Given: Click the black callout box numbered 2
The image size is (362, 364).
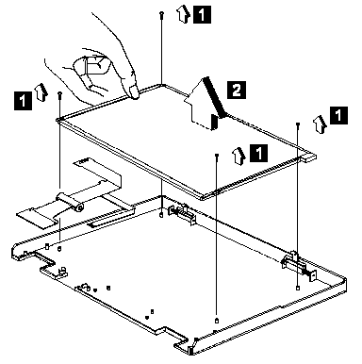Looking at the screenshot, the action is (x=237, y=90).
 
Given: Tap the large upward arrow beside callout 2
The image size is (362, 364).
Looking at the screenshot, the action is (x=206, y=104).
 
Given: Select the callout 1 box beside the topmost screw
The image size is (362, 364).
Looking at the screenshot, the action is (x=202, y=14).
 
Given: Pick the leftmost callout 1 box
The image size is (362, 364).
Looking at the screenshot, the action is (x=23, y=101).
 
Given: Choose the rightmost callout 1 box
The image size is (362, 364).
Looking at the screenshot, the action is (x=338, y=115).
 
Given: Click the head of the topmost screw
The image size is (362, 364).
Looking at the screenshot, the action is (x=161, y=13).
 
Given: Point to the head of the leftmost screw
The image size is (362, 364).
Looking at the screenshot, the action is (x=59, y=93).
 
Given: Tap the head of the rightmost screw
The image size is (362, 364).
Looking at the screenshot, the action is (x=298, y=124).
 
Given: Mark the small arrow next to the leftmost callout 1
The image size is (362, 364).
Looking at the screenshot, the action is (x=42, y=92).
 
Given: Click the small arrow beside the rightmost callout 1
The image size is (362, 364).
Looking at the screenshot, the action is (x=320, y=124).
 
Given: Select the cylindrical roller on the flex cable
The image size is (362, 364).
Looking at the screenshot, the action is (x=70, y=202).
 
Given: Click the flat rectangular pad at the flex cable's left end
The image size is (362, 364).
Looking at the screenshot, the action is (x=38, y=217).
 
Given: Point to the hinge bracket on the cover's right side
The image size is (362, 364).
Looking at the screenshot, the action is (x=299, y=266).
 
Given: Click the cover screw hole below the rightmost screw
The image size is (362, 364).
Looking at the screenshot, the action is (x=298, y=288).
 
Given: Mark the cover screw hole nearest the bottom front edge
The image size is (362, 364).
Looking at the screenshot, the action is (x=216, y=321).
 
